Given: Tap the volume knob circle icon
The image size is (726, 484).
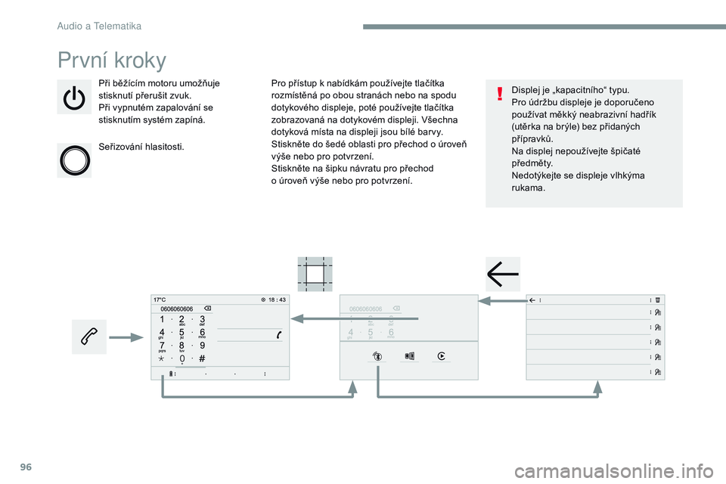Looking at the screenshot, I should pos(74,159).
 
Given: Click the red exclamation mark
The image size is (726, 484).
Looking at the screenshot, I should pos(499,94).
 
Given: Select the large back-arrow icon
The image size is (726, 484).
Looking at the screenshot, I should pos(503,273).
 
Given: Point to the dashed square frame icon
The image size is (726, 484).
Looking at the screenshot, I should pos(315,272).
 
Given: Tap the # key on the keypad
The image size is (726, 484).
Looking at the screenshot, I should pos(203,358).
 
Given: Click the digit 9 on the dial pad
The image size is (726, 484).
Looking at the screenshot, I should pos(203,346).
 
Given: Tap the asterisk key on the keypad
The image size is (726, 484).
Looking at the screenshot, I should pos(162,358).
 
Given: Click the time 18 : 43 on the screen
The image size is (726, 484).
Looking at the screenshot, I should pos(277,299).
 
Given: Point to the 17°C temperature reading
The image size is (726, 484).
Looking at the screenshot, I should pos(160,299).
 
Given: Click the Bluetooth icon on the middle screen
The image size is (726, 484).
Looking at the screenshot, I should pos(377,356).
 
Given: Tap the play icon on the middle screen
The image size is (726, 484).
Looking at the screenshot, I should pos(441,356).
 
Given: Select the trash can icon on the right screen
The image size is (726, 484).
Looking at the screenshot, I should pos(658,299).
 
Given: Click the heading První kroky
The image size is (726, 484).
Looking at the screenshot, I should pos(112,59).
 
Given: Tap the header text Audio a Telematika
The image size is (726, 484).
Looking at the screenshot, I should pos(99,26).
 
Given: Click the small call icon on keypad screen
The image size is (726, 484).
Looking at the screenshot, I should pos(280,334).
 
